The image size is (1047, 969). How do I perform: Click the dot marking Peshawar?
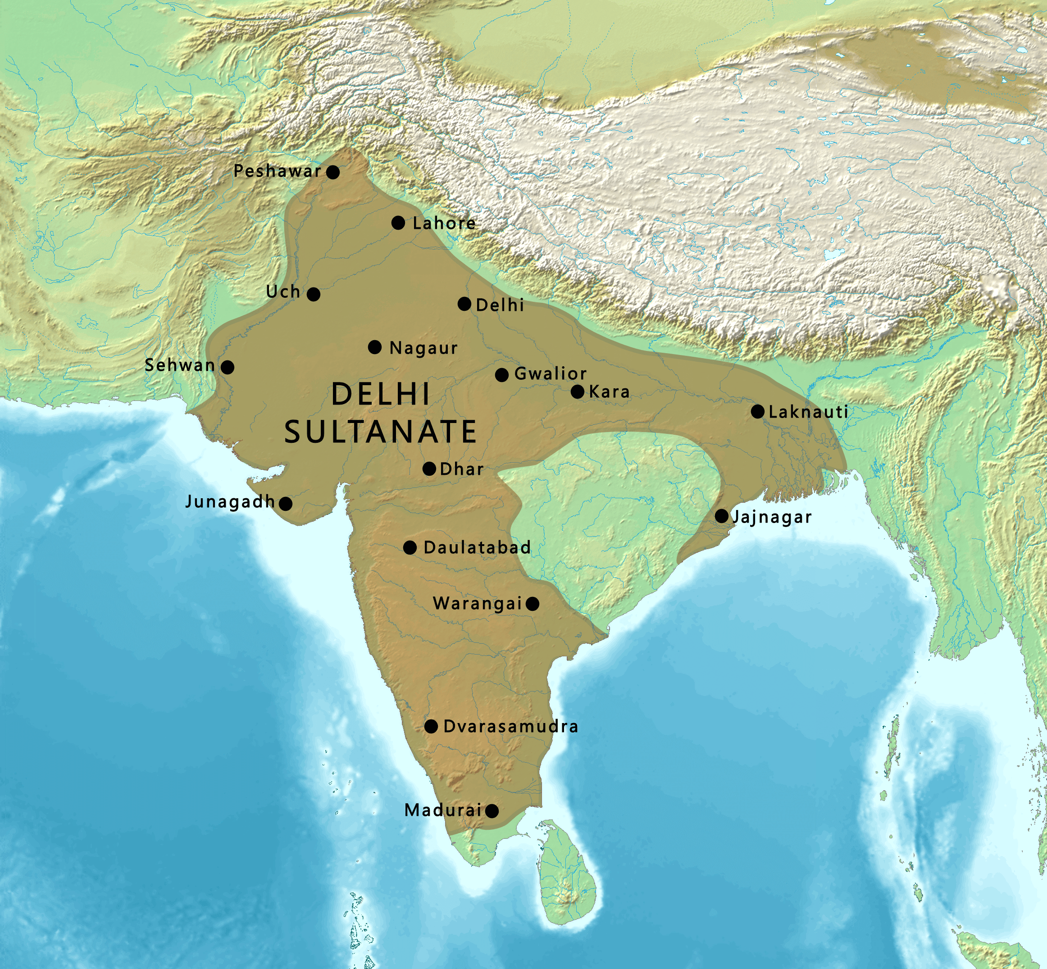332,172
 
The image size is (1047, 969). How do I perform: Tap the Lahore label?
444,223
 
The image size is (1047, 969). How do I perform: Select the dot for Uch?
313,294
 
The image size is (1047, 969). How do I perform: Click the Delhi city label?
500,305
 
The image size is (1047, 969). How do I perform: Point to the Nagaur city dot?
374,347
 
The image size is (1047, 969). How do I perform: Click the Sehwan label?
180,365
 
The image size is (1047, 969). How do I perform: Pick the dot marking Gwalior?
501,375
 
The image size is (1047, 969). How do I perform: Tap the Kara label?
609,391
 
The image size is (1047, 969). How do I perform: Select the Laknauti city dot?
757,412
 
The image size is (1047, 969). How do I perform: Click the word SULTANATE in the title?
380,432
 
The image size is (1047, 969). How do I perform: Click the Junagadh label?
230,502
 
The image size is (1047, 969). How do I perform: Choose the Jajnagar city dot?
721,516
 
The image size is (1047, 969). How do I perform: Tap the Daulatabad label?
477,547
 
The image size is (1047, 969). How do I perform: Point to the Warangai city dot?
532,604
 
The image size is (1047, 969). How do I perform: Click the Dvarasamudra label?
510,726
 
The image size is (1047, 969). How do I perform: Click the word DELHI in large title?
381,394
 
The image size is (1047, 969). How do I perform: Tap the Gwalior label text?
550,374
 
